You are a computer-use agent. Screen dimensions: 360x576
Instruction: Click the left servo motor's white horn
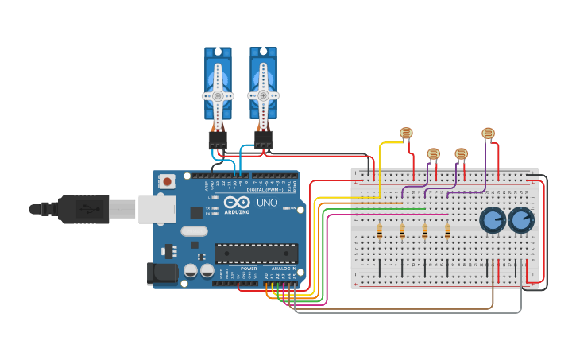[x=217, y=95]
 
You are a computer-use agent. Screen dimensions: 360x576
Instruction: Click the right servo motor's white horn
[x=263, y=95]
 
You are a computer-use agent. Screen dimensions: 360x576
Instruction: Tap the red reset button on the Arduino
[x=167, y=182]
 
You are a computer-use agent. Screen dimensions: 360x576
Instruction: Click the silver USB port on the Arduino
[x=157, y=209]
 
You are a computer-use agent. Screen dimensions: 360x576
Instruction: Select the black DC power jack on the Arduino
[x=164, y=273]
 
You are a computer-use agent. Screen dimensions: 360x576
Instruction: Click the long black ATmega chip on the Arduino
[x=256, y=253]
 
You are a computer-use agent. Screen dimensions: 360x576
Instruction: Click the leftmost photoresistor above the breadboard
[x=406, y=133]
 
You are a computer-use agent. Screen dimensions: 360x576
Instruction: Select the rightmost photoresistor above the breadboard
[x=488, y=134]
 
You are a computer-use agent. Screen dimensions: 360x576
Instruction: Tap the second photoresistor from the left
[x=433, y=153]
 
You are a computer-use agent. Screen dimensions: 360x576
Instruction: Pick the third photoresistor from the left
[x=461, y=153]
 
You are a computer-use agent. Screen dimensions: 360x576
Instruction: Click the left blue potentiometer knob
[x=493, y=220]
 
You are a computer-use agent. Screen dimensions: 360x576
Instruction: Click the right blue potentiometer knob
[x=521, y=220]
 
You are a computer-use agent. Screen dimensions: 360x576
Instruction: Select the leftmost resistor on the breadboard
[x=380, y=231]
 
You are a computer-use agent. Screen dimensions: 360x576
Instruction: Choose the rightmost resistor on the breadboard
[x=447, y=231]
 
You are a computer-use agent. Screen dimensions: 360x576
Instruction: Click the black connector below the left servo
[x=218, y=141]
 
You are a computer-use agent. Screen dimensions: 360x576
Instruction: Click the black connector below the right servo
[x=263, y=141]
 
